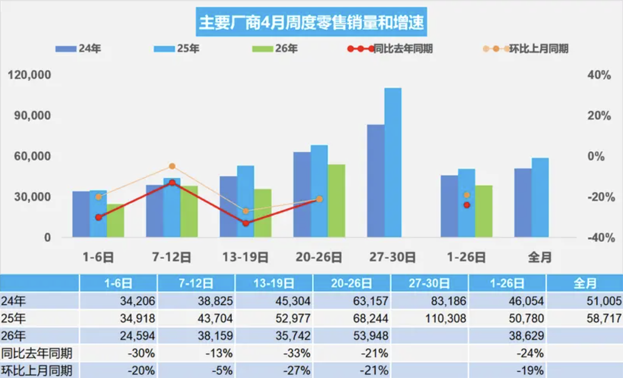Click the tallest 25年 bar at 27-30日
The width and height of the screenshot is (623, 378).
click(x=393, y=162)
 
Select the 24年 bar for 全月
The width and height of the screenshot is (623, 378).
click(x=523, y=203)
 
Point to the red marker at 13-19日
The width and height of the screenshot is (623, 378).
click(x=245, y=223)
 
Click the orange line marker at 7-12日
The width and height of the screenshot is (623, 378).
click(x=172, y=166)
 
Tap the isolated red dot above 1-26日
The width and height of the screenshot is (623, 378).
click(x=467, y=205)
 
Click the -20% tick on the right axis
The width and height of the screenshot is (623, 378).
click(x=599, y=197)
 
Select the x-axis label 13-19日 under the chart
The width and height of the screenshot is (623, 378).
click(x=245, y=258)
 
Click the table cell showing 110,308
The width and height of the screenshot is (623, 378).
click(x=445, y=318)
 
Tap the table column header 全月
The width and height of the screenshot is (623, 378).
click(x=585, y=283)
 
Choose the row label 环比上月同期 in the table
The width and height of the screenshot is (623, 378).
click(x=36, y=371)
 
